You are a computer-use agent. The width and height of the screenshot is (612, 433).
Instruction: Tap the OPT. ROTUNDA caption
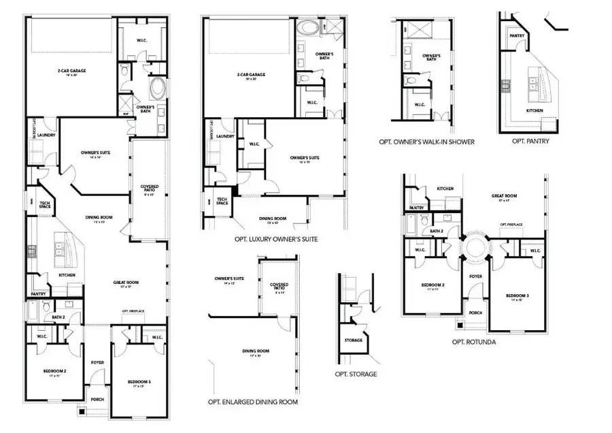point(474,342)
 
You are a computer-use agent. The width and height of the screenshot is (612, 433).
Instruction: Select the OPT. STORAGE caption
point(355,374)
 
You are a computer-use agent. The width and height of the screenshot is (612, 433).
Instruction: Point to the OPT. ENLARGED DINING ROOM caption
point(253,402)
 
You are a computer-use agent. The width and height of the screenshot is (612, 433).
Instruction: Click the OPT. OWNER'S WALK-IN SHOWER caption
point(427,142)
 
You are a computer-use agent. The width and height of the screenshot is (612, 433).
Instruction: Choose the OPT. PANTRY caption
point(530,142)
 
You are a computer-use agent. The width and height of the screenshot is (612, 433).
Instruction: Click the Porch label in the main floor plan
point(97,400)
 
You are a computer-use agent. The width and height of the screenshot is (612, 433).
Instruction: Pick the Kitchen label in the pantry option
point(534,110)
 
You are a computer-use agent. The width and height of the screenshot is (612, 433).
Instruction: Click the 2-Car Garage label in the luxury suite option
point(251,75)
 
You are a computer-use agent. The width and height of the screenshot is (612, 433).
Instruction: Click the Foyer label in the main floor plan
point(97,362)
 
